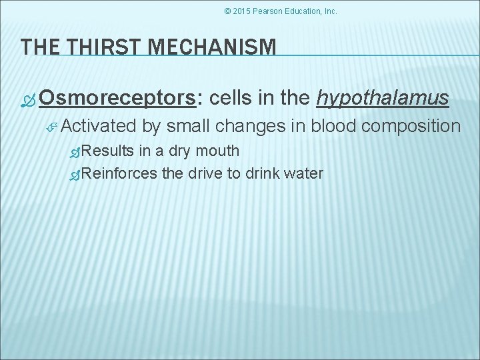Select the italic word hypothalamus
[x=383, y=99]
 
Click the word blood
[x=326, y=126]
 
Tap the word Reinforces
[x=121, y=174]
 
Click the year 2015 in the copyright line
[x=243, y=11]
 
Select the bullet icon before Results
[x=75, y=152]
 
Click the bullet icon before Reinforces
[x=75, y=175]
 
